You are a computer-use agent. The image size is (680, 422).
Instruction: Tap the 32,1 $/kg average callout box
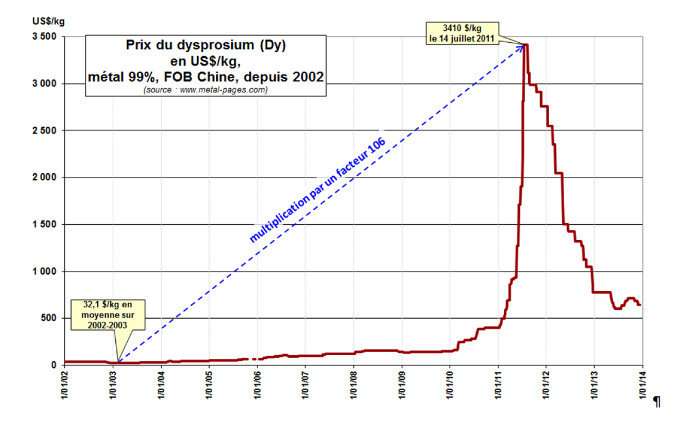(x=108, y=314)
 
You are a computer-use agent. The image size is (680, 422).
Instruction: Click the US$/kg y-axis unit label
(x=48, y=21)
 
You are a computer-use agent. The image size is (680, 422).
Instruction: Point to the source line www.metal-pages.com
(x=206, y=90)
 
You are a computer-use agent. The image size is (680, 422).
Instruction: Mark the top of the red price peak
(x=526, y=45)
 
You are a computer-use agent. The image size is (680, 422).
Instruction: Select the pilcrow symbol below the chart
(x=657, y=402)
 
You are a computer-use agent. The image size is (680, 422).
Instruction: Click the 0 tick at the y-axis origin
(x=54, y=365)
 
